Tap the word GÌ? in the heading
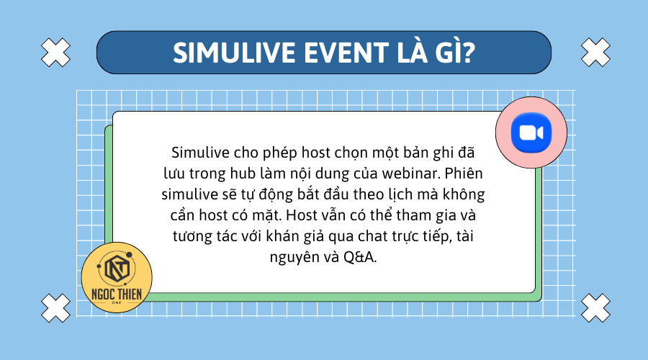[x=450, y=53]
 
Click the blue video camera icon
[x=531, y=134]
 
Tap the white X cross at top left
[x=56, y=52]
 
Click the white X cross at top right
[x=595, y=52]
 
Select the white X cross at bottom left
[x=56, y=307]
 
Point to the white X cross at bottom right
[x=595, y=307]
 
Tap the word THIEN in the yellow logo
[x=130, y=294]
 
